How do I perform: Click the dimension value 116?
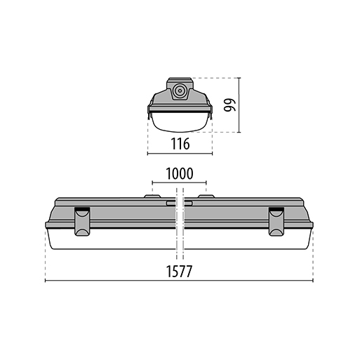[180, 144]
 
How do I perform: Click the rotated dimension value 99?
[230, 105]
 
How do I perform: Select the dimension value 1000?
[180, 173]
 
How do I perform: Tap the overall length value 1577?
[179, 271]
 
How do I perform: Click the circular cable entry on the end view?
[180, 91]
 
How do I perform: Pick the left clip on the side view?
[82, 221]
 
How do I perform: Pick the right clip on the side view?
[276, 221]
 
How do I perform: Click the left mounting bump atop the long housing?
[152, 196]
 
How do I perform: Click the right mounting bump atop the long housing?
[206, 196]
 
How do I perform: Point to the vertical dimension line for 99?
[239, 105]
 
